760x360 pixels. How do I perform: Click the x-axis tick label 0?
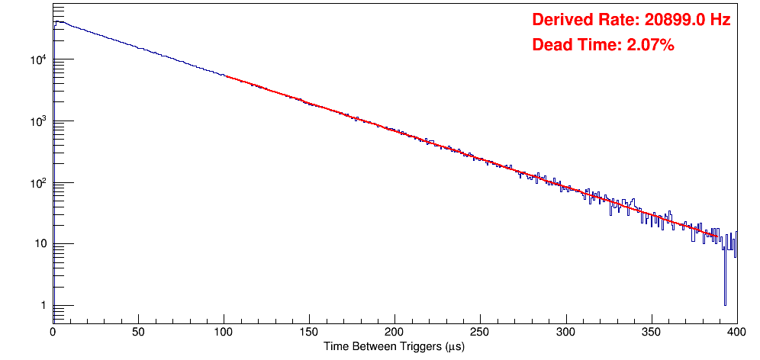pos(53,332)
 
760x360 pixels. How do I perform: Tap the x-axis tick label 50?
pos(138,332)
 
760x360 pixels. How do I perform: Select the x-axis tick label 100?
pos(224,332)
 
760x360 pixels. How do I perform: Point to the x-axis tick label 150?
pos(309,332)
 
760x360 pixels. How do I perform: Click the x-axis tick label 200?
pos(394,332)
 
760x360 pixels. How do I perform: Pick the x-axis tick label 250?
pos(480,332)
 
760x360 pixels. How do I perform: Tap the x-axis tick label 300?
pos(565,332)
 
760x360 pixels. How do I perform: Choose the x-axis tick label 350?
pos(651,332)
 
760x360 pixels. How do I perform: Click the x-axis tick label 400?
pos(736,332)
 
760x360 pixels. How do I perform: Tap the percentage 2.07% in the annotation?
pos(650,46)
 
